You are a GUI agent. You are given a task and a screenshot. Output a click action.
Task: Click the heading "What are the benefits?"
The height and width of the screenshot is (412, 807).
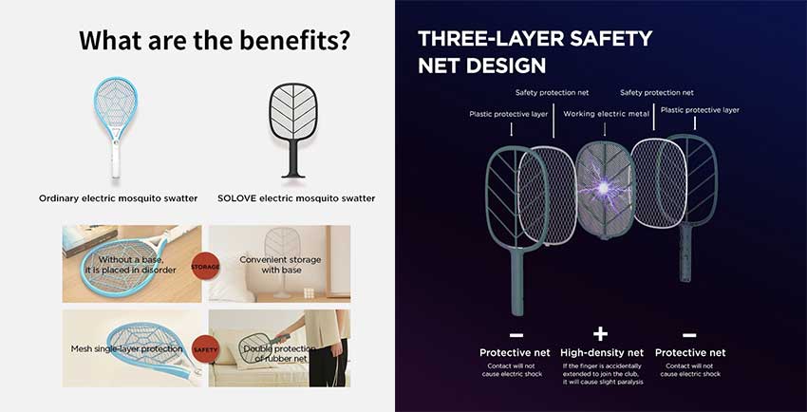click(216, 40)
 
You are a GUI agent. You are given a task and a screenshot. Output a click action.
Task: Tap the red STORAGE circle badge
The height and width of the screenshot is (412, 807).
click(205, 267)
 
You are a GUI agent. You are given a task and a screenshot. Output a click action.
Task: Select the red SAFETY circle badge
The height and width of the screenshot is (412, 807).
click(205, 349)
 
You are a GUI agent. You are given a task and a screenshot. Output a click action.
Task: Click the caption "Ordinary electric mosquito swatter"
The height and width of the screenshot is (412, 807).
click(119, 198)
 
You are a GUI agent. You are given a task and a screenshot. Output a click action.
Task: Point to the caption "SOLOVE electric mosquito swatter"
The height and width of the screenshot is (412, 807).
click(296, 198)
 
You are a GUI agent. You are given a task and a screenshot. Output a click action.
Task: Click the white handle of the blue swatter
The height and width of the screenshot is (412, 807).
click(116, 159)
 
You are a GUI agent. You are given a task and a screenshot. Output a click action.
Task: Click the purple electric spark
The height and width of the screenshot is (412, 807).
click(603, 188)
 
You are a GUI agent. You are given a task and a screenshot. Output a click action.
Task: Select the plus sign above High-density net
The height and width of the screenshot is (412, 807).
click(601, 334)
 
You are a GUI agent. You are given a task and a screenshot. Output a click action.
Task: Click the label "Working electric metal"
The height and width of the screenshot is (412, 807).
click(607, 114)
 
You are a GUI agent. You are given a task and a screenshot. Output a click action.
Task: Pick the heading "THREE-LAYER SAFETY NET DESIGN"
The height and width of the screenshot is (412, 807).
click(535, 52)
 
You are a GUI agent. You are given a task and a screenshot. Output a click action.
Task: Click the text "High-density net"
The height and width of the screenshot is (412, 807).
click(602, 353)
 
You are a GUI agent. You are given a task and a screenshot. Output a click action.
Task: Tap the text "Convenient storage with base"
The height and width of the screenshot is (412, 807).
click(280, 265)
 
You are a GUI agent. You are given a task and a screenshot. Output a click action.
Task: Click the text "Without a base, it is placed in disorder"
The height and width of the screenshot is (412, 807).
click(131, 265)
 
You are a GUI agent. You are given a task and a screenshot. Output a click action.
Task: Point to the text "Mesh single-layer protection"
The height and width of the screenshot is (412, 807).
click(126, 348)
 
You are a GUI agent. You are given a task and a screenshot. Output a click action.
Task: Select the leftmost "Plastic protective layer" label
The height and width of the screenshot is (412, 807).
click(509, 114)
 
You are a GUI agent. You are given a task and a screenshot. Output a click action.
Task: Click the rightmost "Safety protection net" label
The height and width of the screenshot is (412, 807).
click(657, 93)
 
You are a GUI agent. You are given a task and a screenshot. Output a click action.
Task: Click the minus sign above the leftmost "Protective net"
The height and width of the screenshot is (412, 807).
click(516, 335)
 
